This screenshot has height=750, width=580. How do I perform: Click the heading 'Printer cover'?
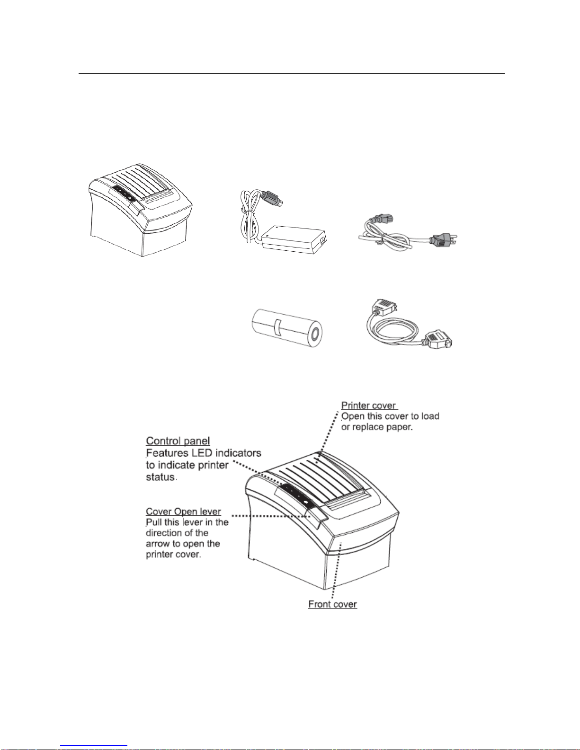pos(368,406)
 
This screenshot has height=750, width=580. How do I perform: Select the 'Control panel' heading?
pos(178,441)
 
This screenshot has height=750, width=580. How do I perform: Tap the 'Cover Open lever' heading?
pos(183,512)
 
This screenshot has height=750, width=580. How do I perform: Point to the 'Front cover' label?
pos(332,604)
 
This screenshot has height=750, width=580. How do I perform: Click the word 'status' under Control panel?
pos(161,477)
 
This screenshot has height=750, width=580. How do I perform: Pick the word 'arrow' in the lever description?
pos(158,544)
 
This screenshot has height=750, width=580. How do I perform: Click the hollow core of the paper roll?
pos(313,335)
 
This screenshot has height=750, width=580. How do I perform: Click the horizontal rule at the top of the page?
pos(291,74)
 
